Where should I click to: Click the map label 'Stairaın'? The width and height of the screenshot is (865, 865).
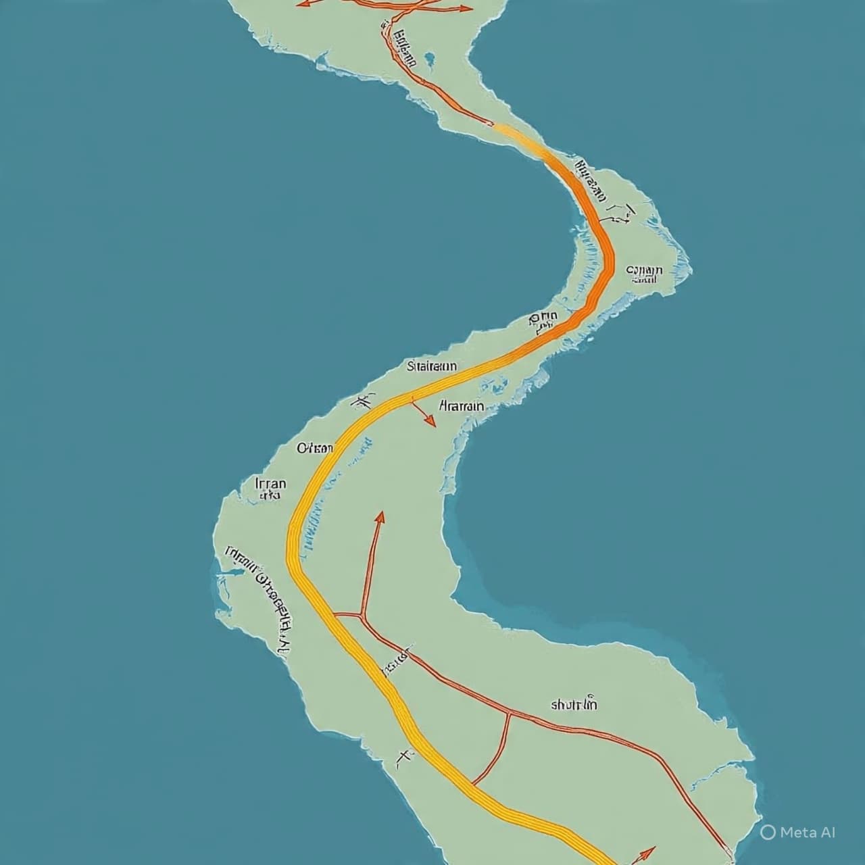(x=432, y=366)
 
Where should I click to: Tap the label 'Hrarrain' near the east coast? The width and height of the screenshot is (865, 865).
(x=462, y=406)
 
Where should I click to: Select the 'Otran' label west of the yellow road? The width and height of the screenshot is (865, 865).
(x=315, y=447)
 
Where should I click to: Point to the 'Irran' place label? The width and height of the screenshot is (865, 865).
(x=271, y=484)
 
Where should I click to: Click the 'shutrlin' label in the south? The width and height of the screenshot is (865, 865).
(x=574, y=705)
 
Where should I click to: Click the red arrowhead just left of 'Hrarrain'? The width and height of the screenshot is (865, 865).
(x=429, y=421)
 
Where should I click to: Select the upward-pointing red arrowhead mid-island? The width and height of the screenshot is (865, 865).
(x=380, y=517)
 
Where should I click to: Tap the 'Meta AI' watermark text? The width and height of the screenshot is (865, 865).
(x=808, y=832)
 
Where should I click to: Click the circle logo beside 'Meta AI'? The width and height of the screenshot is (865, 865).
(x=768, y=832)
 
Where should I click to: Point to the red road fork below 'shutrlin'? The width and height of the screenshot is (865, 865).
(x=508, y=713)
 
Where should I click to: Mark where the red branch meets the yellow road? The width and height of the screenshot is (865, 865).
(x=337, y=614)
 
